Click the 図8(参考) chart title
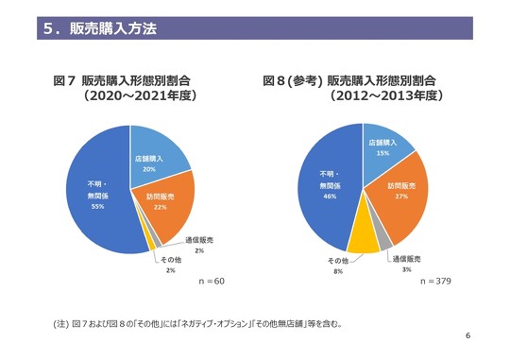(355, 88)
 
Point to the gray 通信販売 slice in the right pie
(384, 240)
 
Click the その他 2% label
(170, 266)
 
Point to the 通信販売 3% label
(406, 264)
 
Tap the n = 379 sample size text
(435, 282)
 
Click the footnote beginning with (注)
(198, 324)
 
